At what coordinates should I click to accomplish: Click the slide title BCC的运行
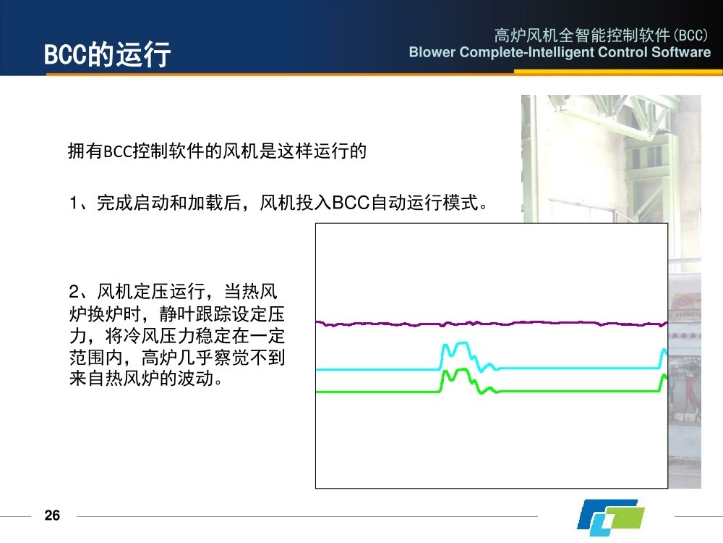[107, 54]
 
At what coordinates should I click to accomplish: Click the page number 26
[52, 515]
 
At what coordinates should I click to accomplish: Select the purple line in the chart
[492, 323]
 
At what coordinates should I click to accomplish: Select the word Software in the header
[681, 52]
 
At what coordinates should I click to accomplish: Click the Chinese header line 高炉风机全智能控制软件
[581, 35]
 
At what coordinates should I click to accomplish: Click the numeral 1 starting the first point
[74, 203]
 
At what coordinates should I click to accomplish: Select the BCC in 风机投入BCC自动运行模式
[351, 203]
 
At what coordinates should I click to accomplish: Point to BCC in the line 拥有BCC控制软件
[118, 151]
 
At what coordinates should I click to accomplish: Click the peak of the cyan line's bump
[463, 342]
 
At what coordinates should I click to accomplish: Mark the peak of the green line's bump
[463, 369]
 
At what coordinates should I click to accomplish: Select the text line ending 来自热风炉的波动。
[146, 379]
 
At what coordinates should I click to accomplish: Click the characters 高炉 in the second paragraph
[159, 358]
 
